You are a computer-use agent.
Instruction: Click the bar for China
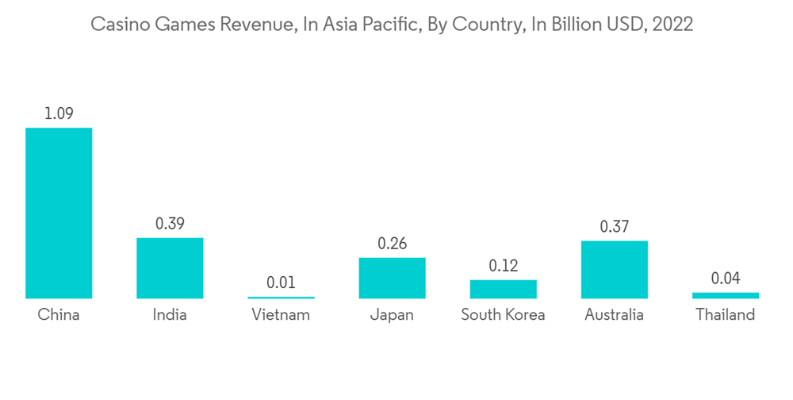click(59, 213)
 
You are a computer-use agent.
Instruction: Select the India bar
click(170, 267)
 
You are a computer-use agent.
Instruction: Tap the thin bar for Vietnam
click(281, 298)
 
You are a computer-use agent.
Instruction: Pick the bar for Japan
click(392, 278)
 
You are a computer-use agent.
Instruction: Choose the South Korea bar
click(503, 289)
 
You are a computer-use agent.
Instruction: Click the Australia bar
click(614, 269)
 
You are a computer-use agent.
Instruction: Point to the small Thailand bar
click(725, 295)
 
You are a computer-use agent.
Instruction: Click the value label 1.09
click(59, 113)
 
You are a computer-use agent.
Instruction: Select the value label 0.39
click(170, 224)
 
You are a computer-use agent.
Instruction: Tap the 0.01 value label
click(281, 283)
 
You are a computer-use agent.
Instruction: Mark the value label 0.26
click(392, 244)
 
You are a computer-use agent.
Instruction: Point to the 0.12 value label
click(503, 266)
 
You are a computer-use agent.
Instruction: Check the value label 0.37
click(614, 227)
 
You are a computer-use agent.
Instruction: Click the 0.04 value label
click(725, 279)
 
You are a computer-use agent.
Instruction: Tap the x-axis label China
click(59, 315)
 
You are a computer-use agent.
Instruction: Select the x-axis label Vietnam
click(281, 315)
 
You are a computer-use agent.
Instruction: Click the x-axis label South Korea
click(503, 315)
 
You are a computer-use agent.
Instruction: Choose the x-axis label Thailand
click(725, 315)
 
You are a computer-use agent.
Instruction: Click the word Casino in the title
click(117, 25)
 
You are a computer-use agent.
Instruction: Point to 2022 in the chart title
click(672, 25)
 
